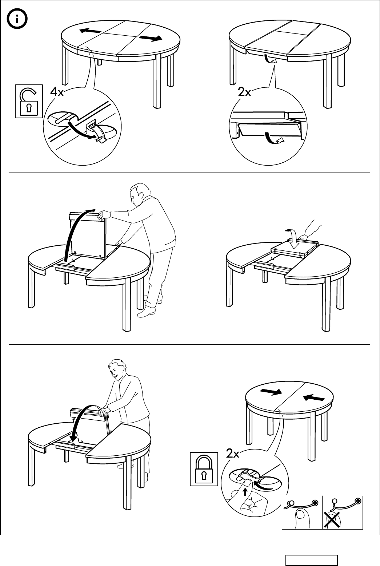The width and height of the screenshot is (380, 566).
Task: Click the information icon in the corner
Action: click(x=17, y=19)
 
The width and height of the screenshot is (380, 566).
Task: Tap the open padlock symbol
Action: click(x=29, y=102)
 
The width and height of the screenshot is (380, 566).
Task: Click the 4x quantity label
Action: click(x=57, y=92)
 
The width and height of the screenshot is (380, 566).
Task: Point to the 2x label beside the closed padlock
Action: click(x=232, y=454)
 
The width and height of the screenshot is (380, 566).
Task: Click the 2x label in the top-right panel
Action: click(x=244, y=92)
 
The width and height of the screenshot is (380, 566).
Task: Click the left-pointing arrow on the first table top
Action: click(x=90, y=31)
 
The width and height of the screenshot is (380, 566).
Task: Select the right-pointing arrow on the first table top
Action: click(x=150, y=38)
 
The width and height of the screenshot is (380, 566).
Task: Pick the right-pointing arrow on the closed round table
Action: click(x=271, y=392)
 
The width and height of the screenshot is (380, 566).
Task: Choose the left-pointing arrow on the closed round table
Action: click(x=314, y=398)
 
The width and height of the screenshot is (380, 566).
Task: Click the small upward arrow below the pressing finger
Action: click(x=245, y=492)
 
